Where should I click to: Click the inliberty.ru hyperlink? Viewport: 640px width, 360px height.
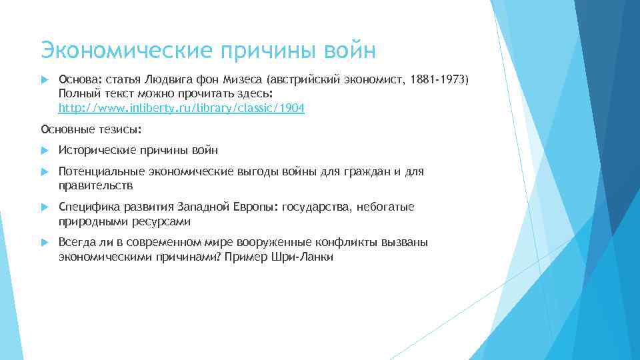(181, 107)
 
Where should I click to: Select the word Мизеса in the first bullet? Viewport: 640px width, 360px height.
(259, 80)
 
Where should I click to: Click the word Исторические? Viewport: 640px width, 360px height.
(97, 150)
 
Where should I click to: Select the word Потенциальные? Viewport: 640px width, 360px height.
(99, 172)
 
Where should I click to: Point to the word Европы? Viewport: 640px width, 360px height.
(256, 207)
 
